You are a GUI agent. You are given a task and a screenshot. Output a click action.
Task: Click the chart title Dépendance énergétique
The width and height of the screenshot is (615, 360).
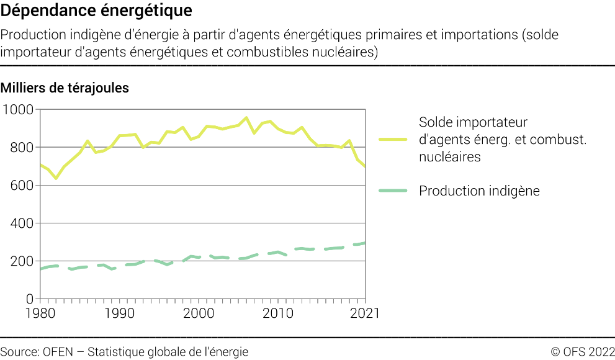[96, 11]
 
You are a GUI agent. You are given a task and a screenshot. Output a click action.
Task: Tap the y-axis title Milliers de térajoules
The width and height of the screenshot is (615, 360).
[65, 88]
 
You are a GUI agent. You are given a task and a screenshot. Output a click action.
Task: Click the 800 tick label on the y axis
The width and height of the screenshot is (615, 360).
[21, 148]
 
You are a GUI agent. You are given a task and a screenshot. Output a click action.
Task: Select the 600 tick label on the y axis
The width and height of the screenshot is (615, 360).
[21, 186]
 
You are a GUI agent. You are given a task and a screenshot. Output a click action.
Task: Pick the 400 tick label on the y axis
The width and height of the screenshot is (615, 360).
[21, 223]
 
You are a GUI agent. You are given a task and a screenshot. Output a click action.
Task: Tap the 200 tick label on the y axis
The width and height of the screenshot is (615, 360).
[21, 261]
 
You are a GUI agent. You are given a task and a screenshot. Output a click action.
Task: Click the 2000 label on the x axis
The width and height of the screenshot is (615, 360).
[199, 313]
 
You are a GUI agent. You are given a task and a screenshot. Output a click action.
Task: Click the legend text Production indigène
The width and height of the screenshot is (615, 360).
[479, 191]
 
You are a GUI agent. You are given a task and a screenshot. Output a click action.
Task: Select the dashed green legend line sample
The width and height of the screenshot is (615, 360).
[392, 191]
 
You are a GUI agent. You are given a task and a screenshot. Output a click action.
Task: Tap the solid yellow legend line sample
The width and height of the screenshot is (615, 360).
[392, 140]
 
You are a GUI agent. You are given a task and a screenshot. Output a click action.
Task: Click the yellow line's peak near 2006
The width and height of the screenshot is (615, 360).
[246, 117]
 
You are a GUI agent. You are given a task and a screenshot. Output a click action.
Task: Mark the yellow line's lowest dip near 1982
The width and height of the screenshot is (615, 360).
[56, 178]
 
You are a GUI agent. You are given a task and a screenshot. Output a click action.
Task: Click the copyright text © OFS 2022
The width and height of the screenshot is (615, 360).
[582, 352]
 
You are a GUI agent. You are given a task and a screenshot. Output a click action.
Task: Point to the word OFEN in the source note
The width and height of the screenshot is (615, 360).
[59, 352]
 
